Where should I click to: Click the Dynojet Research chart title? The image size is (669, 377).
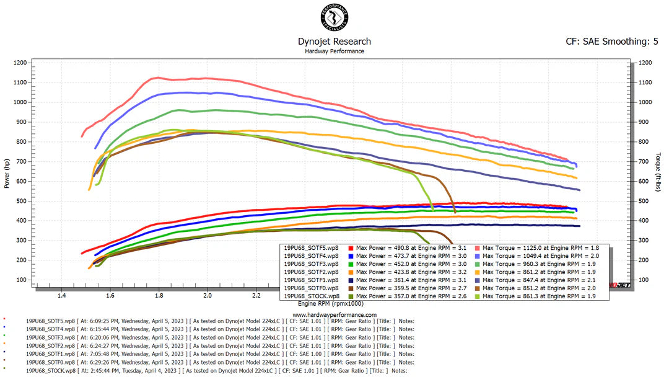334,42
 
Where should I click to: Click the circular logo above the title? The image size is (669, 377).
334,17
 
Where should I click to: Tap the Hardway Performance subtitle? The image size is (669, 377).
334,51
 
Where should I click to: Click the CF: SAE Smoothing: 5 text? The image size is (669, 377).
612,42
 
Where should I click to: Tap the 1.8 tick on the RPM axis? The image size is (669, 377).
159,296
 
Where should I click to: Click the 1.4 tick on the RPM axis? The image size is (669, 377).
61,296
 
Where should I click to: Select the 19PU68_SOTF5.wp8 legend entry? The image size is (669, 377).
312,247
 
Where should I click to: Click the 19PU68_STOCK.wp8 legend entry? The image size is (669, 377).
312,296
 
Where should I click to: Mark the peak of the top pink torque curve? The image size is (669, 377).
157,78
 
